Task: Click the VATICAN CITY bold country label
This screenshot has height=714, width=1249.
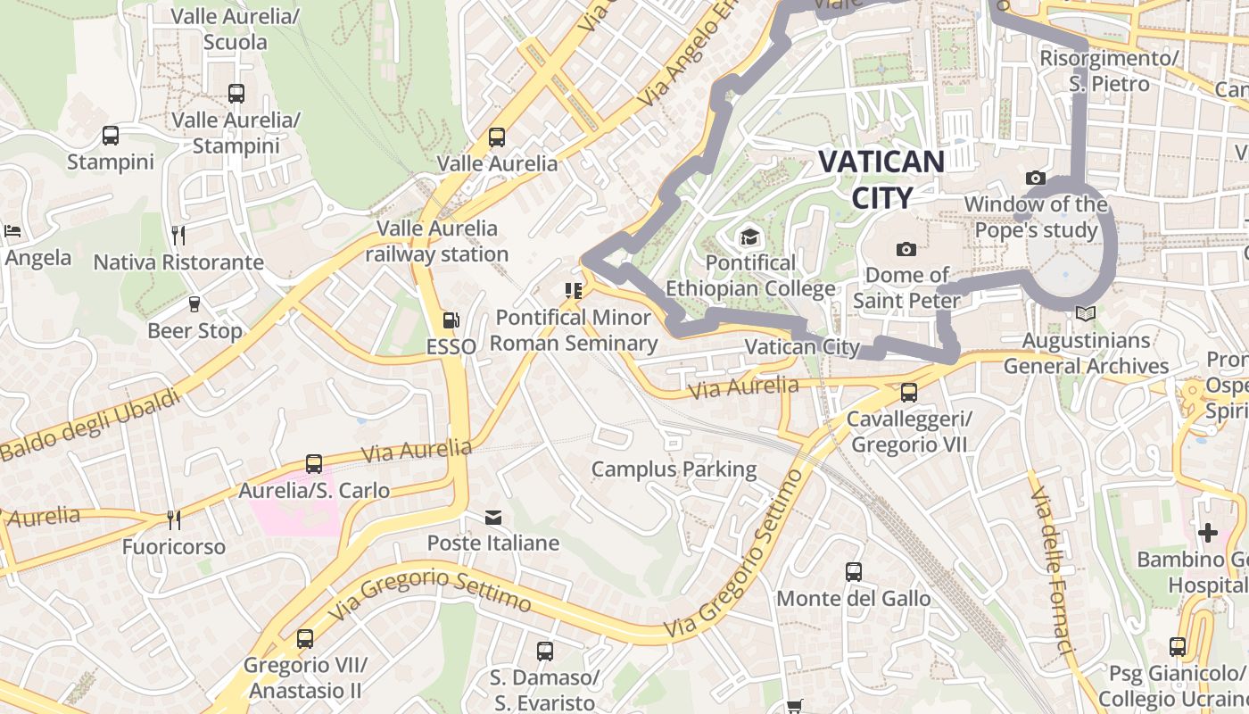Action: point(881,179)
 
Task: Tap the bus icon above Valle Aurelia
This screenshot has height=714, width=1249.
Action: point(497,137)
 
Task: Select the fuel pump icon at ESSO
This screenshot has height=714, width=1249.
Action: point(451,320)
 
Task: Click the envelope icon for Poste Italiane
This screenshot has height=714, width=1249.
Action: point(492,517)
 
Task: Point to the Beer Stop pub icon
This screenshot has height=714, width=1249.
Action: point(194,304)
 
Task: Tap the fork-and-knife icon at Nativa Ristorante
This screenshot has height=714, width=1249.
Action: point(178,236)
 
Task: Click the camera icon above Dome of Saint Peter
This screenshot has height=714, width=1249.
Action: point(906,249)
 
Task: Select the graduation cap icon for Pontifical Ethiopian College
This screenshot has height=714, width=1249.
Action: point(749,237)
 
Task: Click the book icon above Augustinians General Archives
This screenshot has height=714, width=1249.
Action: point(1086,314)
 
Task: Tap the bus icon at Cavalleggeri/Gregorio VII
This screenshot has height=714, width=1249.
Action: point(908,392)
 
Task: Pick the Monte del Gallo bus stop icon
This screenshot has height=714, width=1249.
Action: point(854,571)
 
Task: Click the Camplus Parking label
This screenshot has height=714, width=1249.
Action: point(674,469)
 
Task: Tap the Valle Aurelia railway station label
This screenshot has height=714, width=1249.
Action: point(437,241)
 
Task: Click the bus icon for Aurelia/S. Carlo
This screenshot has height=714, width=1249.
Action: point(314,464)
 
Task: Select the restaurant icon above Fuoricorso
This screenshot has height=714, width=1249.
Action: point(174,519)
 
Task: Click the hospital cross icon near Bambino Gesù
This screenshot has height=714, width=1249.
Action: point(1207,533)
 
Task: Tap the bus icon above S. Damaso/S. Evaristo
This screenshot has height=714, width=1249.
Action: point(545,652)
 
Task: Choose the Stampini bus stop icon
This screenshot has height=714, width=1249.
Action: point(111,136)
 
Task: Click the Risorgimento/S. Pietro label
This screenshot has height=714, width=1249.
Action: point(1109,71)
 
